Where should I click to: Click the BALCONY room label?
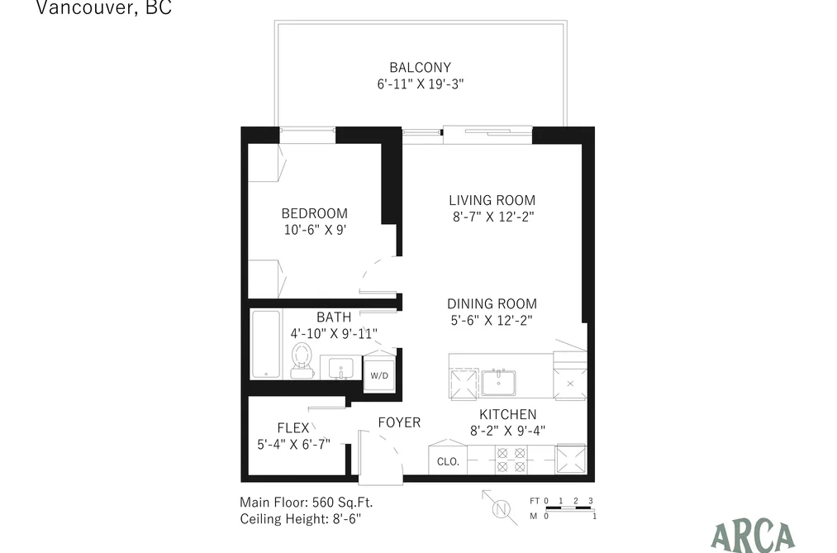click(420, 67)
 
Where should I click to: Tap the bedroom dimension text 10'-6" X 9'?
click(315, 230)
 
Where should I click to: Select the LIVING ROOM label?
click(492, 200)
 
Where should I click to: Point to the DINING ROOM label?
click(492, 303)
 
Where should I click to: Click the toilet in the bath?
click(302, 360)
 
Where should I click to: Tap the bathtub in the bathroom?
click(266, 345)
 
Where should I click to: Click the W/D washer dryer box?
click(379, 375)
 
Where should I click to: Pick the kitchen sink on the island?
click(498, 382)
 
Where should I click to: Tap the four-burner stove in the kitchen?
click(511, 460)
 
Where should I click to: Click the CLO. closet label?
click(448, 462)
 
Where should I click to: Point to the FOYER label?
click(399, 422)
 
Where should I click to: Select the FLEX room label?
click(293, 427)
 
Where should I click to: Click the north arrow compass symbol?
click(500, 508)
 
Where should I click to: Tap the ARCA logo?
click(754, 536)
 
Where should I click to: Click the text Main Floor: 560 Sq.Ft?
click(307, 503)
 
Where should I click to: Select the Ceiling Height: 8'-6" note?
click(301, 519)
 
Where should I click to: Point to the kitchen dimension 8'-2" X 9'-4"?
click(507, 431)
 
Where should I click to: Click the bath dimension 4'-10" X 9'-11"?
click(334, 334)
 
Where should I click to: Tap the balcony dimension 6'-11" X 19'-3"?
click(421, 83)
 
